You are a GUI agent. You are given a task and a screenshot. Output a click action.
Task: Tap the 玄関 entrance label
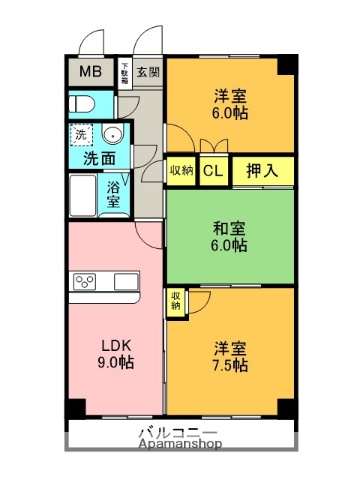pyautogui.click(x=148, y=73)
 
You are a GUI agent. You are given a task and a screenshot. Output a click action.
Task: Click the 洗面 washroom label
pyautogui.click(x=99, y=158)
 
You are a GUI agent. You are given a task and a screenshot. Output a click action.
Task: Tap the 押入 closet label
pyautogui.click(x=263, y=171)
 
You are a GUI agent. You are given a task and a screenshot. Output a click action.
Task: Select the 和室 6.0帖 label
pyautogui.click(x=230, y=236)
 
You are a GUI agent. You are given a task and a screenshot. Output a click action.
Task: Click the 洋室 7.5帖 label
pyautogui.click(x=230, y=358)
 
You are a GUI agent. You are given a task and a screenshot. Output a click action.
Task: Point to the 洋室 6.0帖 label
pyautogui.click(x=230, y=104)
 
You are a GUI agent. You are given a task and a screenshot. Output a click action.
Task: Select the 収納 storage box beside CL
pyautogui.click(x=181, y=171)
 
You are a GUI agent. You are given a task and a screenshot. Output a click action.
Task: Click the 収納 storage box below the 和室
pyautogui.click(x=176, y=300)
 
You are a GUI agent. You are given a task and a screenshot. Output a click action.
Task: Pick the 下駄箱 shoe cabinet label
pyautogui.click(x=124, y=72)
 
